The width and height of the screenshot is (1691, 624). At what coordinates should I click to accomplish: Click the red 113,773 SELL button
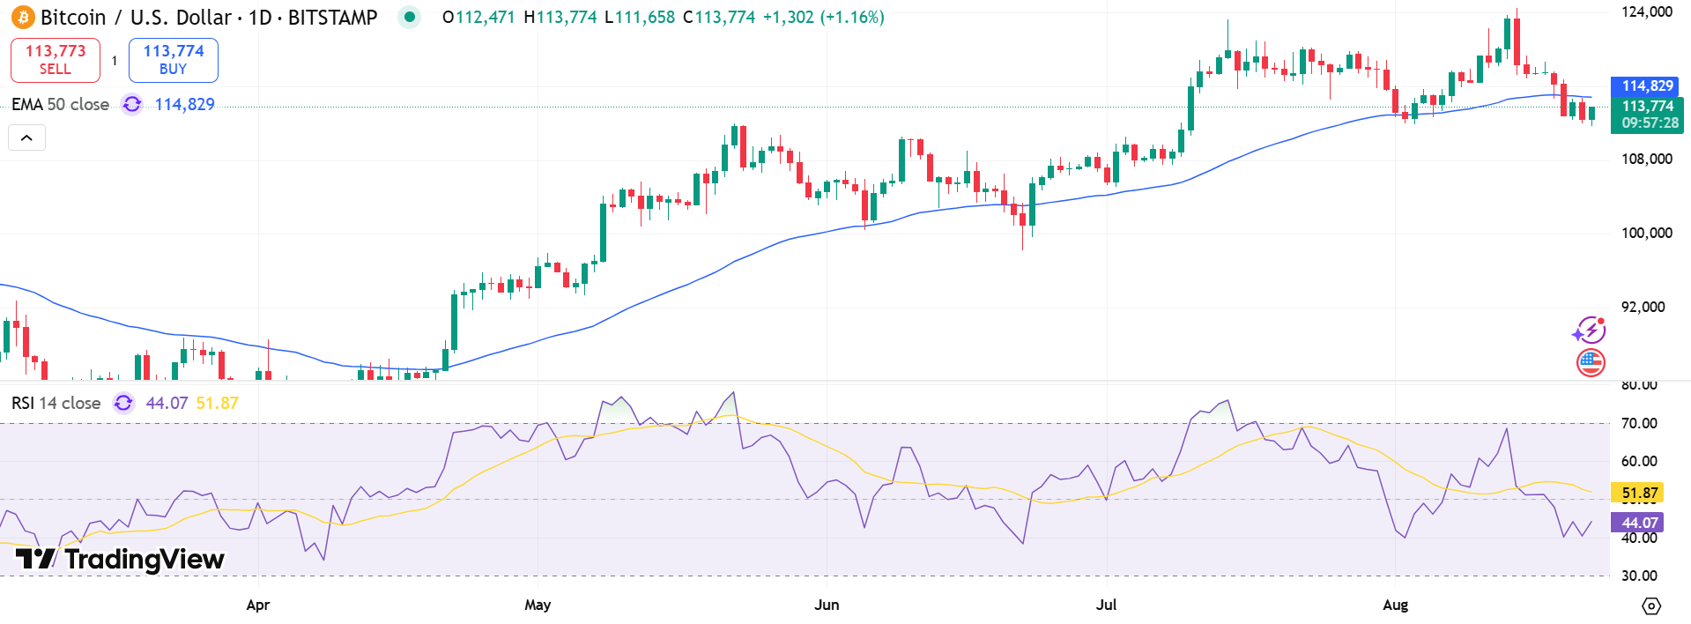[56, 60]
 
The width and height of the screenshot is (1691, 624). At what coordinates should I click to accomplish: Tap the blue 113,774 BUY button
[174, 60]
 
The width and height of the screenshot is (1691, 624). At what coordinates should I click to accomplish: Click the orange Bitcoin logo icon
[23, 17]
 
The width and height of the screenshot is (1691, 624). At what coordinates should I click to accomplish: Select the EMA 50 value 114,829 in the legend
[184, 105]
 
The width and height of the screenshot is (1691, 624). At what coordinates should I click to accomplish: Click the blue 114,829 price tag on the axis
[1647, 86]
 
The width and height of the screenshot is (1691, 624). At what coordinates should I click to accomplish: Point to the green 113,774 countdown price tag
[1647, 115]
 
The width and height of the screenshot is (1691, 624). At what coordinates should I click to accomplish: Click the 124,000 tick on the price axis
[1646, 11]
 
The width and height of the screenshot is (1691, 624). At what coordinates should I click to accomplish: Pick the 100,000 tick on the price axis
[1646, 233]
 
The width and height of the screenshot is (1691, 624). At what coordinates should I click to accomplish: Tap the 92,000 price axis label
[1643, 307]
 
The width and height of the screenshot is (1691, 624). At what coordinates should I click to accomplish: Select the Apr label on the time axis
[258, 605]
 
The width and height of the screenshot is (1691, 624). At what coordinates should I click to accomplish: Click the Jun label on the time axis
[827, 605]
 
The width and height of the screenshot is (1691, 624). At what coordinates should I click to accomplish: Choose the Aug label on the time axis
[1395, 605]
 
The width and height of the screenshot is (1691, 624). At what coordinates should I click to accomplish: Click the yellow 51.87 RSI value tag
[1639, 494]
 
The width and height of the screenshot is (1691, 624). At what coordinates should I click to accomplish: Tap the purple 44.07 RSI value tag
[1639, 523]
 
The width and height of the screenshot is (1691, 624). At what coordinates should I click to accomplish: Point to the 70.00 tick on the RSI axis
[1639, 423]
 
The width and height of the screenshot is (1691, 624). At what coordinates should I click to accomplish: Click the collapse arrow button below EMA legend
[26, 137]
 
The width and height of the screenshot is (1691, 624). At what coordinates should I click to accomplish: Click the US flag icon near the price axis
[1591, 362]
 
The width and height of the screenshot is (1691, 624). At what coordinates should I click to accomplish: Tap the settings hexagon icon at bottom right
[1651, 605]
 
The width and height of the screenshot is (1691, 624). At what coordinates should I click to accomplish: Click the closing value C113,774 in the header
[719, 17]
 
